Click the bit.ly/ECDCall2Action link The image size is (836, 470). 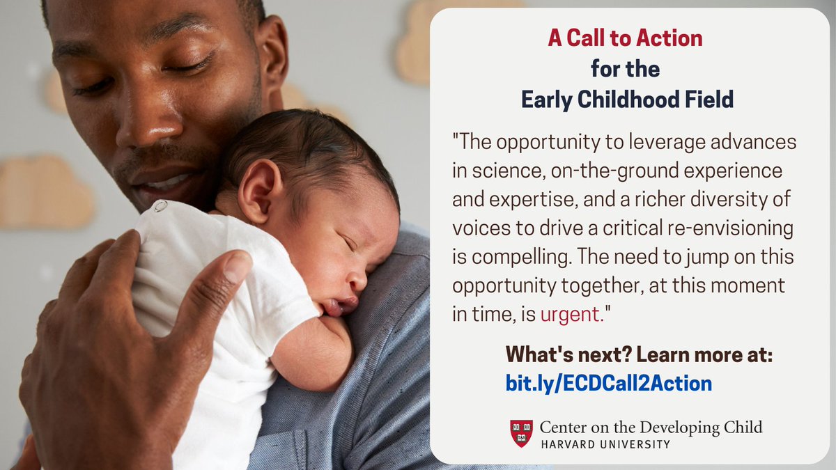(x=609, y=383)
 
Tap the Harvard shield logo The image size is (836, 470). (x=521, y=432)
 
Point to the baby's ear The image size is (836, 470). (x=258, y=189)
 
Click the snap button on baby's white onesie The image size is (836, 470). (x=160, y=206)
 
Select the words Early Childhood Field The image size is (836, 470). (x=627, y=100)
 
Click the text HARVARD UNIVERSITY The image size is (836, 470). (x=605, y=444)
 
